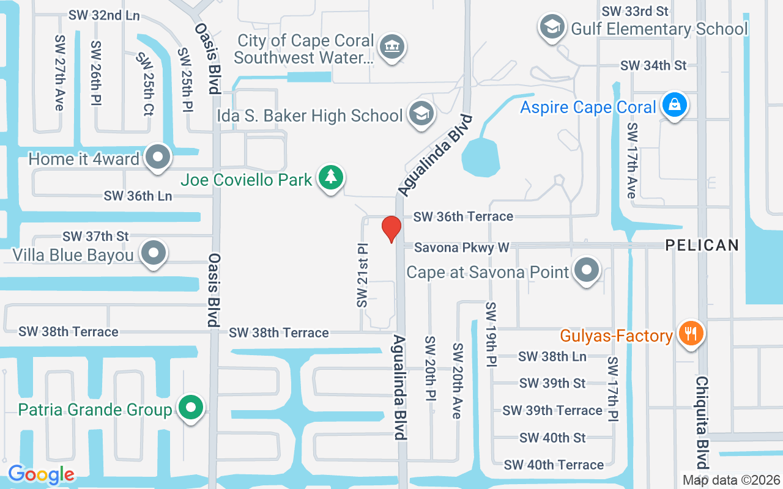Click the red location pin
[391, 228]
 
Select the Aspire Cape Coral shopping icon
[674, 105]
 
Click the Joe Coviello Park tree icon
[331, 177]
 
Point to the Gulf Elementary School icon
[552, 26]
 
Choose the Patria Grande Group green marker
[191, 407]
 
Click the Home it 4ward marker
[158, 157]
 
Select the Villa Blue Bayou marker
[153, 252]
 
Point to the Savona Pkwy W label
[462, 248]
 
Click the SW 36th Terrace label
[463, 216]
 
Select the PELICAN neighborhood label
[702, 245]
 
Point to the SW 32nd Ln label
[104, 15]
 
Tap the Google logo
[41, 474]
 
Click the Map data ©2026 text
[731, 480]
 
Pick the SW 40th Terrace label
[554, 465]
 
